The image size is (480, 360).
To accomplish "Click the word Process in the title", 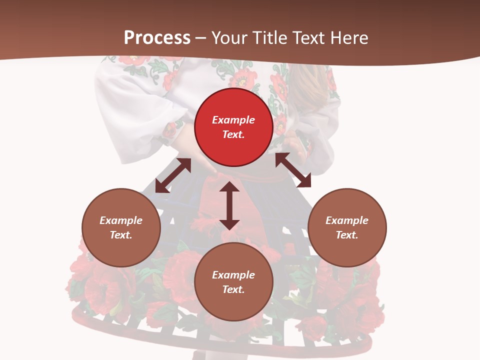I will click(x=157, y=37).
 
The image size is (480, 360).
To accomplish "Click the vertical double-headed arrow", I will click(x=229, y=205).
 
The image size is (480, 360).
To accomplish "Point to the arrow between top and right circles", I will click(x=293, y=170).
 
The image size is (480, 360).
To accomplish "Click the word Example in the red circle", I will click(x=233, y=120).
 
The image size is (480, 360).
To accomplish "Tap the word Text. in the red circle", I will click(x=233, y=134).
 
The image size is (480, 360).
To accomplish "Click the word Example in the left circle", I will click(x=121, y=220).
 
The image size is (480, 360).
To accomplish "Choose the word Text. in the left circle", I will click(x=121, y=235).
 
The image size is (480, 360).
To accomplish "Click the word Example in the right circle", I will click(x=347, y=220).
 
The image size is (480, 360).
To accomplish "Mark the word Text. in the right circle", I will click(x=347, y=235).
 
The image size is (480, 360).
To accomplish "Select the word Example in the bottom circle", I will click(x=233, y=275).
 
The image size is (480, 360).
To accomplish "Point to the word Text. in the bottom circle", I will click(x=233, y=289).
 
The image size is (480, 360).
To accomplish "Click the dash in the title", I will click(x=201, y=38).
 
